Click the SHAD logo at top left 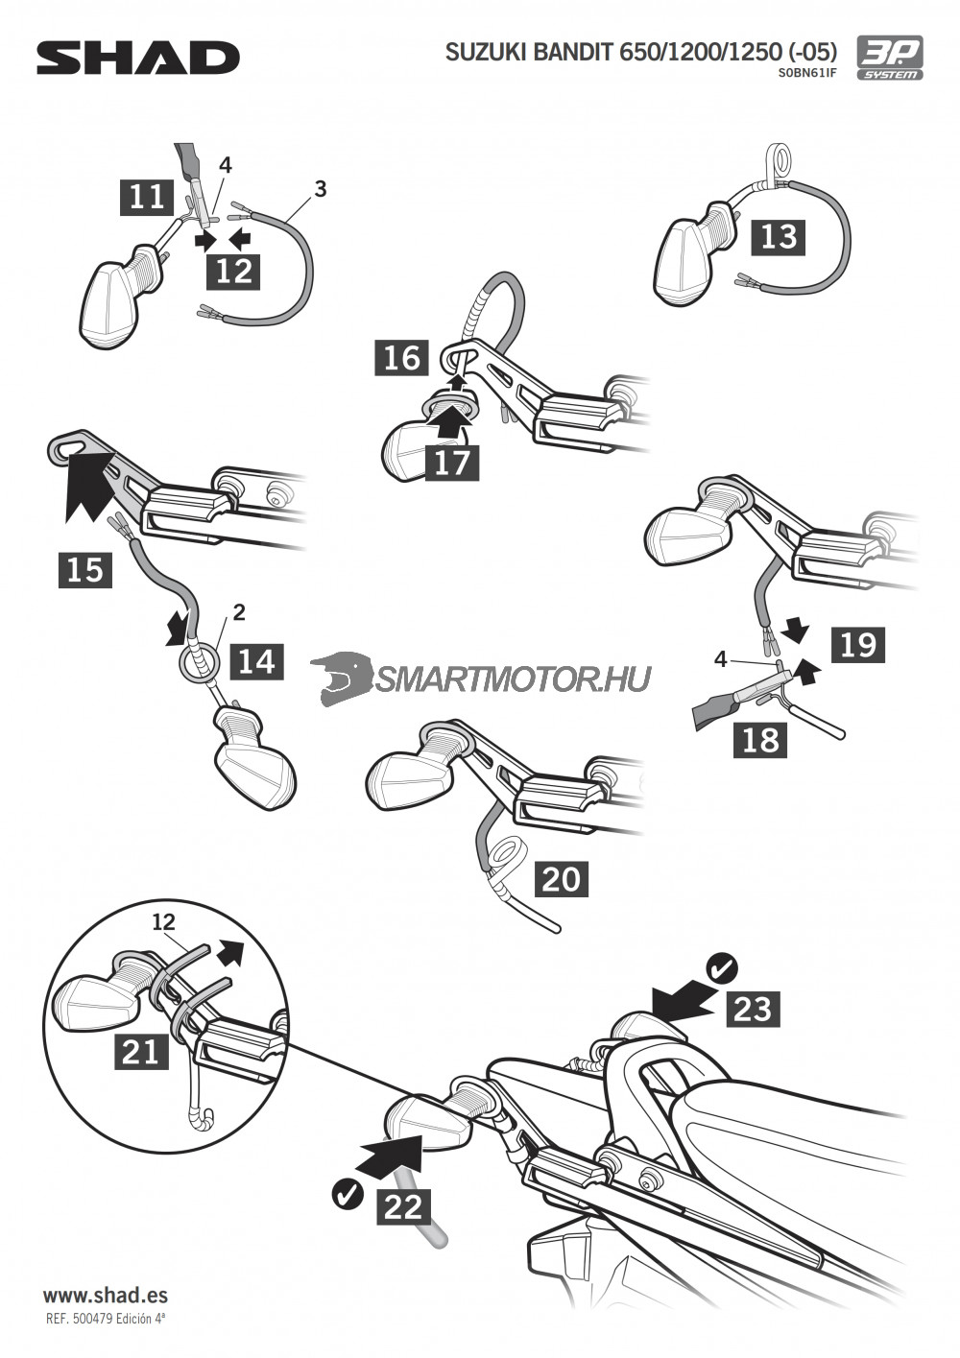[x=137, y=58]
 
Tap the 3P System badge [x=889, y=58]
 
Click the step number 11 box [x=147, y=197]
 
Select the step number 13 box [x=779, y=235]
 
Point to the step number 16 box [x=402, y=357]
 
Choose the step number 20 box [x=562, y=878]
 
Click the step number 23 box [x=753, y=1009]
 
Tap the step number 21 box [x=141, y=1052]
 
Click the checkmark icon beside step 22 [x=347, y=1193]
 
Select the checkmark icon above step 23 [x=720, y=968]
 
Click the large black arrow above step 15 [x=89, y=487]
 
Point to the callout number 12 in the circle [x=164, y=921]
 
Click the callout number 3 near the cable [x=320, y=188]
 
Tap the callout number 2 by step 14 [x=239, y=611]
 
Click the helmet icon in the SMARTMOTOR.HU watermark [x=341, y=678]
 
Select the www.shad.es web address [x=106, y=1295]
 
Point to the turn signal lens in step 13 [x=684, y=261]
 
